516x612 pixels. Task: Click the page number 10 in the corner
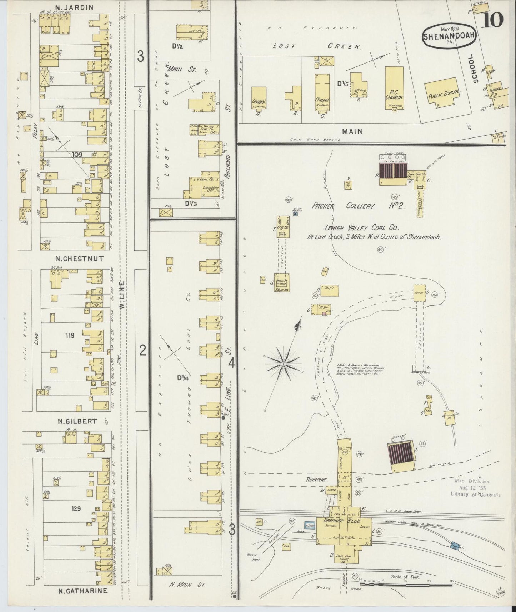(493, 20)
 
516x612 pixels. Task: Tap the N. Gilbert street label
(77, 421)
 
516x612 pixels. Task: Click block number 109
(77, 154)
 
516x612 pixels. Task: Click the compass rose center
(283, 364)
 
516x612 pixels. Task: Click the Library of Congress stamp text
(475, 495)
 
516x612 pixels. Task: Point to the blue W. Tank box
(309, 525)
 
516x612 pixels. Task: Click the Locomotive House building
(450, 417)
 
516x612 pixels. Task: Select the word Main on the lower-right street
(352, 131)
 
